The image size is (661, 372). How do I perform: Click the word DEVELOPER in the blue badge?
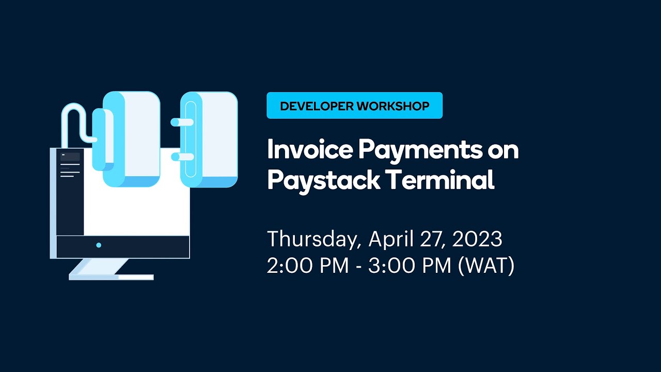317,106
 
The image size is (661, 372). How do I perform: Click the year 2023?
477,239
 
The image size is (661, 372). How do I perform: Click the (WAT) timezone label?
485,266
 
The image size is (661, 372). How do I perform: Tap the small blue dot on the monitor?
99,245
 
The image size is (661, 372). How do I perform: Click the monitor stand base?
111,277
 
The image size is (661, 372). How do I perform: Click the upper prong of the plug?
181,122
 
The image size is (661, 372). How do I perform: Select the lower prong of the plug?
181,157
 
